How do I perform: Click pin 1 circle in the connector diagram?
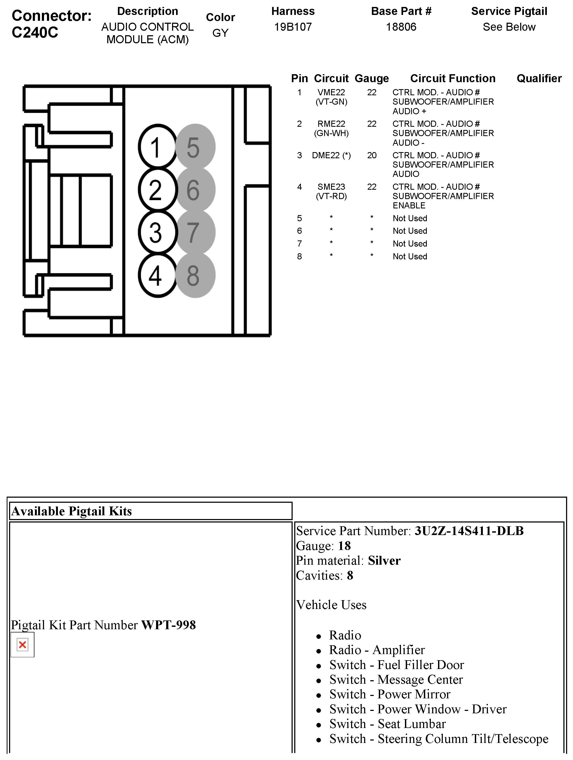[x=156, y=147]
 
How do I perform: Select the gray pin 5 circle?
[x=195, y=147]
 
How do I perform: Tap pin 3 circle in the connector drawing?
[x=156, y=232]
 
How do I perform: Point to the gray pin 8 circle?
[x=195, y=275]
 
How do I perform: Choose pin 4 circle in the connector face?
[x=156, y=275]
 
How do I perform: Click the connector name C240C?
[x=35, y=33]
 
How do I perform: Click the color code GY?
[x=220, y=33]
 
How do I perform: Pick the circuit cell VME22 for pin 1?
[x=331, y=92]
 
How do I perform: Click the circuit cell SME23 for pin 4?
[x=331, y=187]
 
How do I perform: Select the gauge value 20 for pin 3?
[x=372, y=155]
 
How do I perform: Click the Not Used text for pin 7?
[x=410, y=244]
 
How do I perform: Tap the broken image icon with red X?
[x=23, y=644]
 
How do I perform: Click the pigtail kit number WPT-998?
[x=168, y=625]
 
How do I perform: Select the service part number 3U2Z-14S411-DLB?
[x=469, y=531]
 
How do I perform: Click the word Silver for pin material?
[x=384, y=561]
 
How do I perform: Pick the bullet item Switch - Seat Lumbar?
[x=388, y=724]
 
